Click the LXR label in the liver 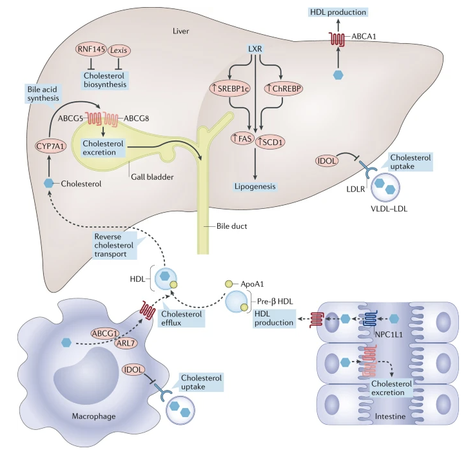(x=255, y=48)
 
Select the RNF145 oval (x=91, y=49)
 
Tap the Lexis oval (x=119, y=50)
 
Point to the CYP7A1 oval (x=50, y=146)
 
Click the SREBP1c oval (x=230, y=88)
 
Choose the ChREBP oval (x=284, y=88)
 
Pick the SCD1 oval (x=270, y=142)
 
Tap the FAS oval (x=242, y=138)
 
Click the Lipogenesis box (x=255, y=186)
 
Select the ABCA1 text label (x=364, y=36)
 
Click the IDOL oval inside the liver (x=327, y=161)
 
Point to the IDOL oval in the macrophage (x=133, y=369)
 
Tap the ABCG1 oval (x=105, y=333)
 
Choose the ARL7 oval (x=126, y=344)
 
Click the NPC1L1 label (x=389, y=335)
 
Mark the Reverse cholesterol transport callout (x=114, y=246)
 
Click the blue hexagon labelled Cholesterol (x=48, y=183)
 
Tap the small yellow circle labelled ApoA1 (x=229, y=284)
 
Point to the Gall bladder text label (x=152, y=177)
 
